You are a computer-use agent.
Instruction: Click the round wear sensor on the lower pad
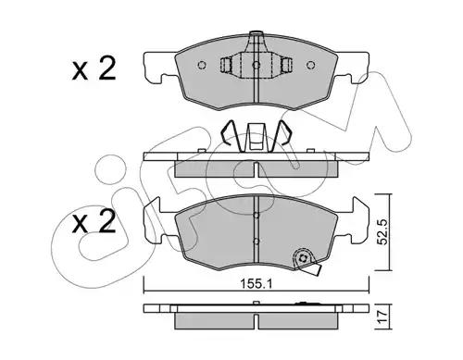coord(301,260)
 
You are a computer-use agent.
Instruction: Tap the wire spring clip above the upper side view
coord(257,139)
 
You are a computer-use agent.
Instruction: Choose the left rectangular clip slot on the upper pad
coord(229,66)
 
